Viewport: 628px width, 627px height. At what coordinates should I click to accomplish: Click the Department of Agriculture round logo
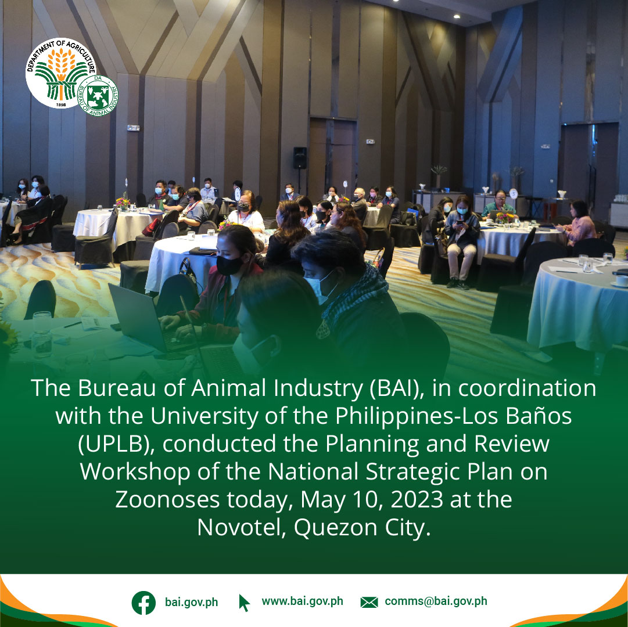61,73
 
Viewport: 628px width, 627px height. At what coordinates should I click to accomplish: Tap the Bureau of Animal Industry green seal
98,95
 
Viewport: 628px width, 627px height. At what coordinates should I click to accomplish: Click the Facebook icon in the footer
143,603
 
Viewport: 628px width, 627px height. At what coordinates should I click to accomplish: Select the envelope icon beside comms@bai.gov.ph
369,602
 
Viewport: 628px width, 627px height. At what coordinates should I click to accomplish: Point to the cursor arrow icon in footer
244,603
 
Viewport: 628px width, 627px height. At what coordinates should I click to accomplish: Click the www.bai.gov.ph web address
303,601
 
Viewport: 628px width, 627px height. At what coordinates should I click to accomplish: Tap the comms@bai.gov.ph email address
436,601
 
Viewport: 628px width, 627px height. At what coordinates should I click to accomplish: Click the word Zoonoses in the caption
167,499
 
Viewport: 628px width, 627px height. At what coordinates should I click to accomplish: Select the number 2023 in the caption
417,499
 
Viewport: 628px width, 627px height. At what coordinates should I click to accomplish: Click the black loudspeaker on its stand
300,158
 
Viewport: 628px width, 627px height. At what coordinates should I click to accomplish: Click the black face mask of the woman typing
229,265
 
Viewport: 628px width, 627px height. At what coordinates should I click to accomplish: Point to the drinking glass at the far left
42,334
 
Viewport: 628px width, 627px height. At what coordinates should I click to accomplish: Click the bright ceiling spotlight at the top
457,16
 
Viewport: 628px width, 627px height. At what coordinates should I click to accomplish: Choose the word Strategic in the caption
412,472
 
